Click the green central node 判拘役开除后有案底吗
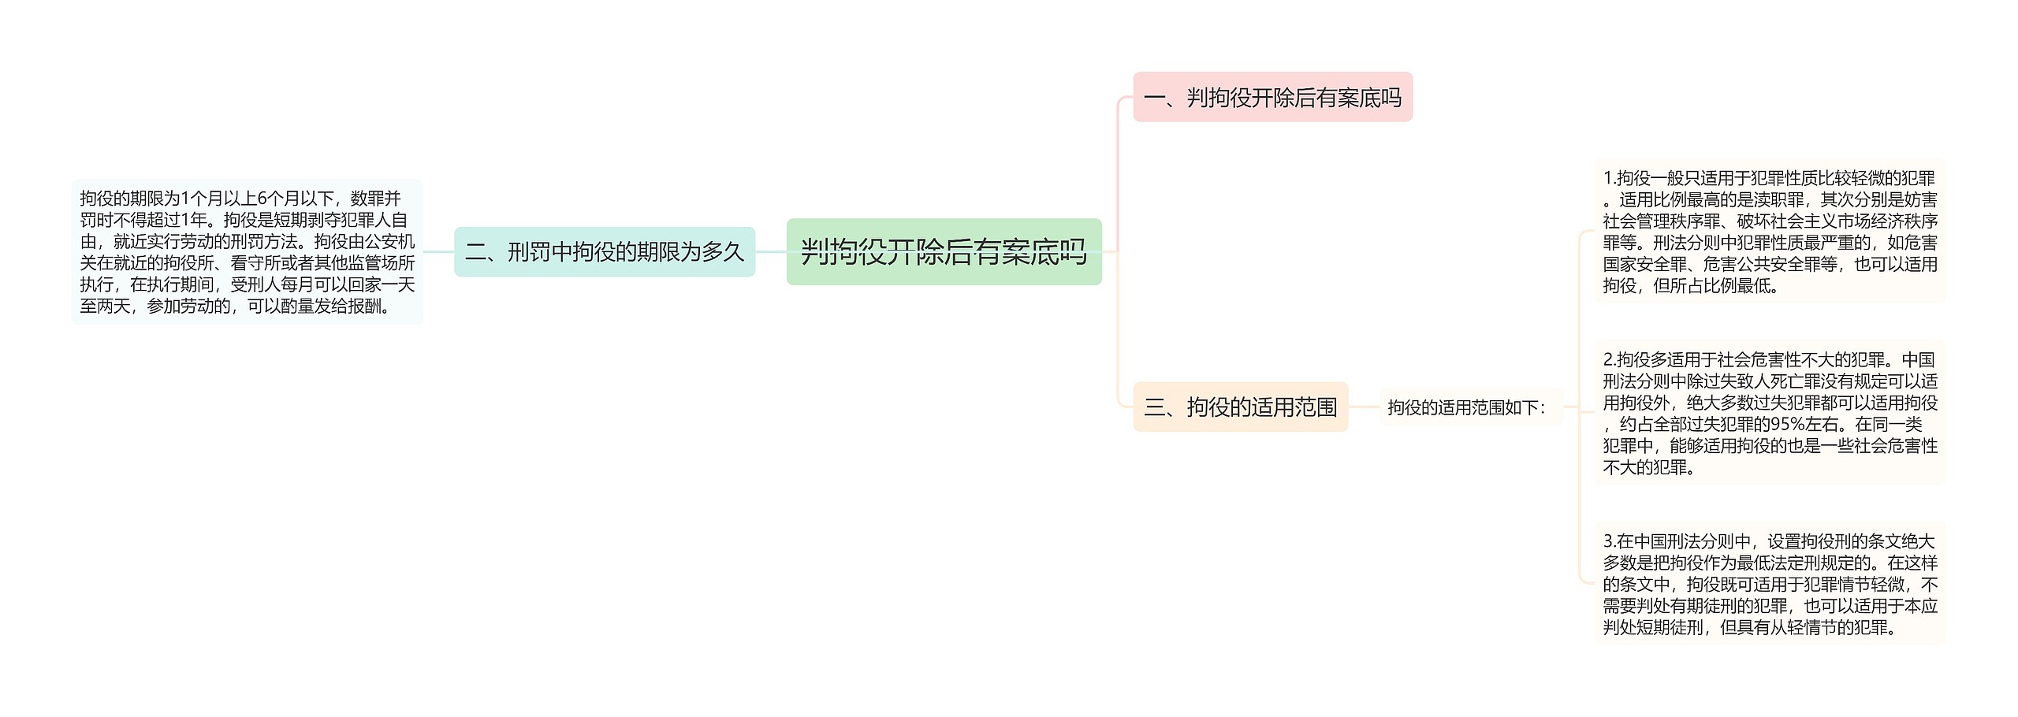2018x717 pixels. coord(944,252)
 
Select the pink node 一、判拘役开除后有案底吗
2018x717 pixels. coord(1272,98)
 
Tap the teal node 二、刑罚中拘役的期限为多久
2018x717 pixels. coord(605,252)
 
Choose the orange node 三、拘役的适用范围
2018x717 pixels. coord(1240,407)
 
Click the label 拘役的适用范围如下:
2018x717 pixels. coord(1467,408)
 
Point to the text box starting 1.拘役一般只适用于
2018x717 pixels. coord(1770,232)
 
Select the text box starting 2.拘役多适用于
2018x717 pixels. coord(1770,413)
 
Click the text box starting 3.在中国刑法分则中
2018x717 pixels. coord(1770,584)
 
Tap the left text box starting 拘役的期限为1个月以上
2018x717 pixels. coord(247,252)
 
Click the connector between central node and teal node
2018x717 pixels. coord(771,252)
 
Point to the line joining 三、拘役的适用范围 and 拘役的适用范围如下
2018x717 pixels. coord(1364,407)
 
